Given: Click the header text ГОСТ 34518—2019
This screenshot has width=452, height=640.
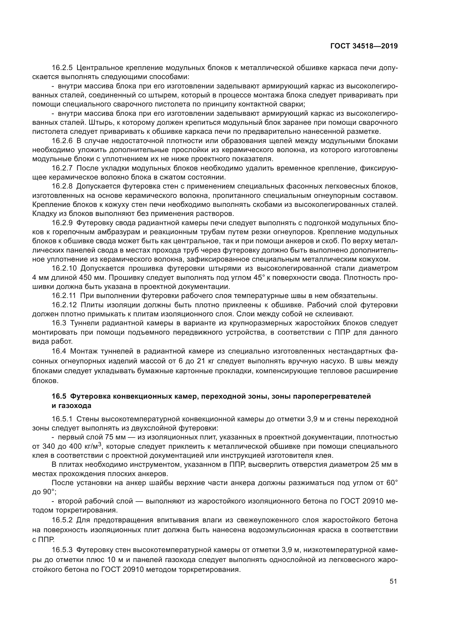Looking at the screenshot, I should tap(364, 46).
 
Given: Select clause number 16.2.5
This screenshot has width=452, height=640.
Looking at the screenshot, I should tap(62, 68).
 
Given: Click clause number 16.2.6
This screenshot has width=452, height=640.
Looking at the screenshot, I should tap(62, 141).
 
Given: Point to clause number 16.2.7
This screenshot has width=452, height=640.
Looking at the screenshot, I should tap(62, 168).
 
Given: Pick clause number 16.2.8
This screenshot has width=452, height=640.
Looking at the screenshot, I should tap(62, 186).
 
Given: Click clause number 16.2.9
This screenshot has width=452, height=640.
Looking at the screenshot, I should tap(62, 223).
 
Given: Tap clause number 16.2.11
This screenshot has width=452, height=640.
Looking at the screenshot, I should tap(64, 296).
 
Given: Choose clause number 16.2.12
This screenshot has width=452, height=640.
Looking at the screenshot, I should tap(64, 305).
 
